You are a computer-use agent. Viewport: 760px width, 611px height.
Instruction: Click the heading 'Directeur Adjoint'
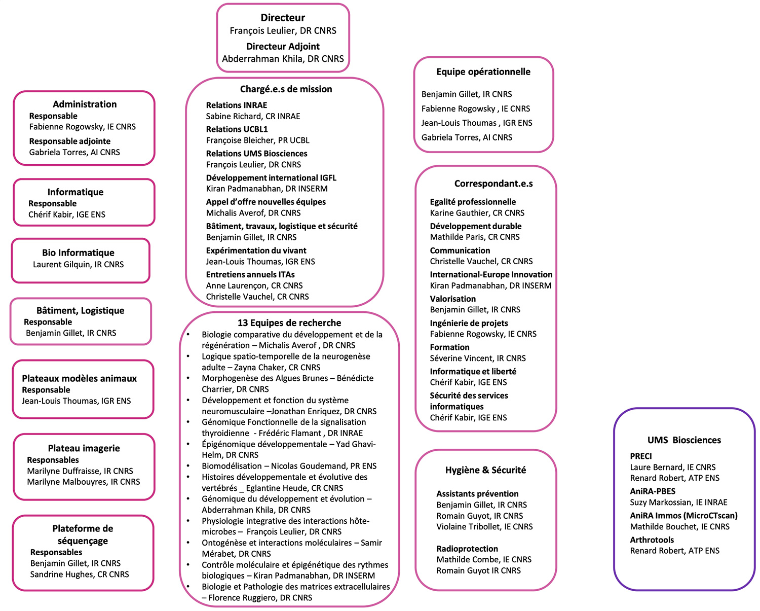point(283,46)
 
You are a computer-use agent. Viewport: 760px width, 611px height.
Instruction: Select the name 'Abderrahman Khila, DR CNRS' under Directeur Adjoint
point(283,59)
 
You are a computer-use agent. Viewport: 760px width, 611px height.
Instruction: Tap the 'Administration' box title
point(85,104)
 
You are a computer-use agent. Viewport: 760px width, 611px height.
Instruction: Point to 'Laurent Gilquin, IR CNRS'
point(78,264)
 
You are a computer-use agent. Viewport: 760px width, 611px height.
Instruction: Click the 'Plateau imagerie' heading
point(84,448)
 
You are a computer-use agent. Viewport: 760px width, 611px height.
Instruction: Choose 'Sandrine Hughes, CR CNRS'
point(80,574)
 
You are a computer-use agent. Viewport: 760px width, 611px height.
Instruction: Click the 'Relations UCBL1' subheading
point(237,129)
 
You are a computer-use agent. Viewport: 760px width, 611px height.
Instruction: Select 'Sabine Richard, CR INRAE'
point(253,116)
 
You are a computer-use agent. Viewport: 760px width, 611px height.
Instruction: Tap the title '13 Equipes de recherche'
point(289,323)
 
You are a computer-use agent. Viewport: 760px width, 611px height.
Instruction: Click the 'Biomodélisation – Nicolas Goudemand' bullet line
point(289,466)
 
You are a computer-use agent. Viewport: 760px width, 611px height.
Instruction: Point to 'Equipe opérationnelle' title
point(483,72)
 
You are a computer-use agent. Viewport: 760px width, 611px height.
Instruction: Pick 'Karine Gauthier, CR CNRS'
point(477,213)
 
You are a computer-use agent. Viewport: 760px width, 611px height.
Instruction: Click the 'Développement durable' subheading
point(475,226)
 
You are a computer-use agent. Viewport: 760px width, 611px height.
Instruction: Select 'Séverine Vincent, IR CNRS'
point(478,358)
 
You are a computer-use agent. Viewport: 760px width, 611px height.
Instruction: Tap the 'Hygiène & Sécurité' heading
point(485,470)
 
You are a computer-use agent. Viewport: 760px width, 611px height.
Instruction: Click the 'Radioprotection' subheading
point(467,549)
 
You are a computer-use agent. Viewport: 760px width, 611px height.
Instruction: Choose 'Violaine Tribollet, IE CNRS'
point(484,527)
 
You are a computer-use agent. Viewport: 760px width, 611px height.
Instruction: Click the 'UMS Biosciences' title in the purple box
point(684,440)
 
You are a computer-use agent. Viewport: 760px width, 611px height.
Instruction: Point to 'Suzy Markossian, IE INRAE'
point(678,502)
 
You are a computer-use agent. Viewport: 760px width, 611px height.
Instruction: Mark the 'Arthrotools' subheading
point(652,540)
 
